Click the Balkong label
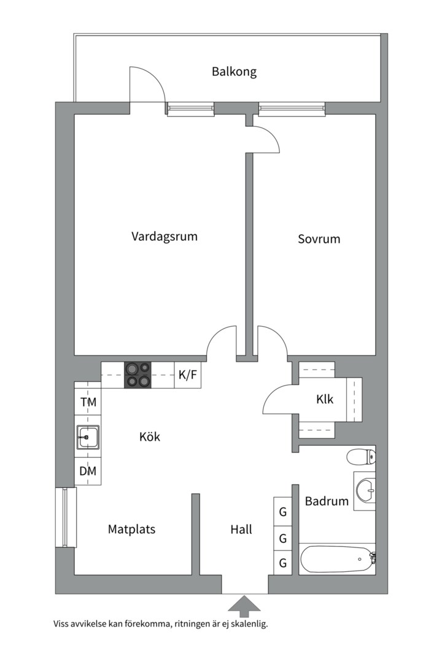click(x=234, y=72)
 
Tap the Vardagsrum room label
click(x=164, y=236)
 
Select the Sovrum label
click(x=319, y=239)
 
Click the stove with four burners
click(x=138, y=375)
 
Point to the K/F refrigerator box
click(x=188, y=375)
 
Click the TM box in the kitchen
click(x=88, y=402)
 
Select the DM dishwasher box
click(x=88, y=471)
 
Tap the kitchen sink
click(x=88, y=437)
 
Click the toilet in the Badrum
click(x=361, y=457)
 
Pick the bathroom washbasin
click(x=365, y=491)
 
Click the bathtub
click(x=338, y=560)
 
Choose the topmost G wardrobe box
click(x=282, y=512)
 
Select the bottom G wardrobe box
click(x=282, y=563)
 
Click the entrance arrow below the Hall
click(x=244, y=604)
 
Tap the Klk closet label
click(x=325, y=399)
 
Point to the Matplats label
click(x=131, y=529)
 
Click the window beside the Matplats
click(x=65, y=517)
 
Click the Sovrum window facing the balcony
click(x=292, y=109)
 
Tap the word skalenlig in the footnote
click(x=250, y=624)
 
